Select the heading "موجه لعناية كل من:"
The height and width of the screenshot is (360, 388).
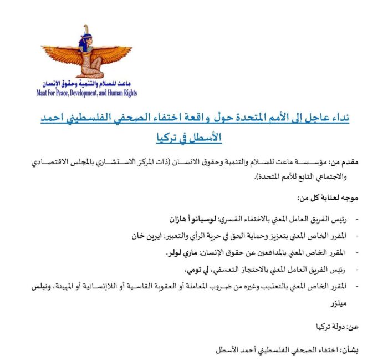(x=324, y=197)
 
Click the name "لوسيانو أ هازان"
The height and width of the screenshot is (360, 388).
(x=189, y=215)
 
